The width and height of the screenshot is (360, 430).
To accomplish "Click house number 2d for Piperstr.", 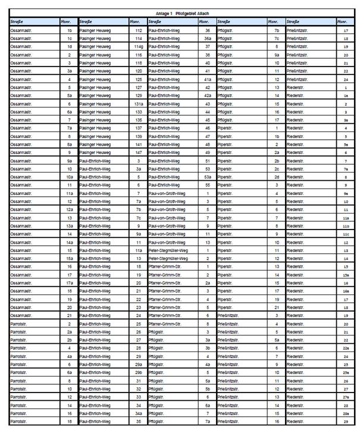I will pos(277,177).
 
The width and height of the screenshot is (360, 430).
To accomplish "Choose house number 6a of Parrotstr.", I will pos(70,372).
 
